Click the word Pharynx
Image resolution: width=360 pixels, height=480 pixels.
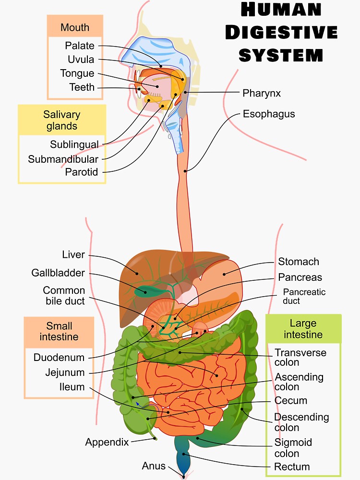(x=262, y=93)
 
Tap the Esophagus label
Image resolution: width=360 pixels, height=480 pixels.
(x=269, y=114)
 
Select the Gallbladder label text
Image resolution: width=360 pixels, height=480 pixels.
(x=58, y=273)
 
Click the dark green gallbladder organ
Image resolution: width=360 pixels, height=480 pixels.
(x=144, y=290)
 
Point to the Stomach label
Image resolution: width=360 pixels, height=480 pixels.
(x=299, y=262)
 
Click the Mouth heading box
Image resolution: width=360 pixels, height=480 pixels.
(x=75, y=27)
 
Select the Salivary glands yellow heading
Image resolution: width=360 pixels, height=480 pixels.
(x=61, y=120)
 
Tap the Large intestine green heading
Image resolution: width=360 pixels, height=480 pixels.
(x=303, y=329)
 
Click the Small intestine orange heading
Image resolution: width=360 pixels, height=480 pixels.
(x=59, y=331)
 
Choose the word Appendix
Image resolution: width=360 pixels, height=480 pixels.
(x=107, y=442)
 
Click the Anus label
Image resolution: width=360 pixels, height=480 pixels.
(x=154, y=466)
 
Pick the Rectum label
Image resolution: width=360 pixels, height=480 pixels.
(x=292, y=467)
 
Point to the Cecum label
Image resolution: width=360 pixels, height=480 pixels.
(x=291, y=400)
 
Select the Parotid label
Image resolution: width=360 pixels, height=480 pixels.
(x=82, y=172)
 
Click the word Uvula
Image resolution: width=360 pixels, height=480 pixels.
(x=81, y=60)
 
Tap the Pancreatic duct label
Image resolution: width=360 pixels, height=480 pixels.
(x=304, y=296)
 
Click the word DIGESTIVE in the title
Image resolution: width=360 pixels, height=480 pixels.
(x=281, y=32)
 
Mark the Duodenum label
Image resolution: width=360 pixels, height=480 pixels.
(x=59, y=358)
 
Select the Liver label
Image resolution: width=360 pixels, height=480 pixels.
(x=73, y=254)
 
